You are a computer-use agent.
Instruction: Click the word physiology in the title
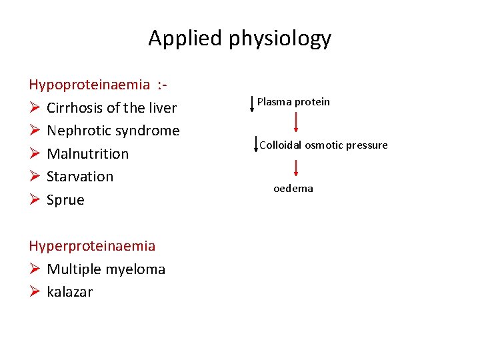pos(279,39)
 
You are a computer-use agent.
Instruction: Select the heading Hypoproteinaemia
pos(89,85)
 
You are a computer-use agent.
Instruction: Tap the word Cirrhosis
pos(75,108)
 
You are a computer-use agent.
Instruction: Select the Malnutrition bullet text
pos(87,154)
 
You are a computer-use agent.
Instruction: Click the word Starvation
pos(80,177)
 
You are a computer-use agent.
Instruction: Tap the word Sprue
pos(65,200)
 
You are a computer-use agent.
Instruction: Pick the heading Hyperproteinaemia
pos(92,246)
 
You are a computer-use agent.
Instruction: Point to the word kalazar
pos(69,292)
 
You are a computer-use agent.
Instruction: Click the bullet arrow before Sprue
pos(34,200)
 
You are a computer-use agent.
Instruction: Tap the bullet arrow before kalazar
pos(34,292)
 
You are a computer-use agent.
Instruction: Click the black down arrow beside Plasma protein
pos(251,103)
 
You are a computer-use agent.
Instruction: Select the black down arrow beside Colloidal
pos(257,145)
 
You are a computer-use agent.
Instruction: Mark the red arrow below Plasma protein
pos(295,123)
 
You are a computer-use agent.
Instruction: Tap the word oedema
pos(293,189)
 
